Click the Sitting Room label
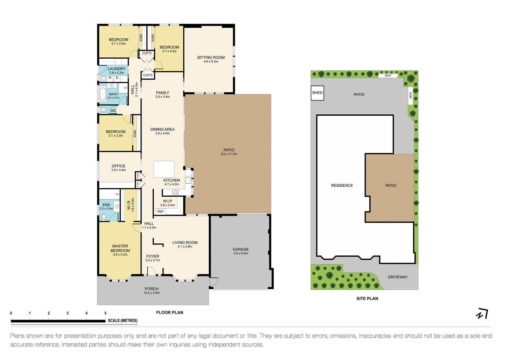coord(211,58)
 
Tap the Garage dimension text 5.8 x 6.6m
coord(241,253)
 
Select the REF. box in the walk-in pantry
coord(161,211)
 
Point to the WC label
coord(113,111)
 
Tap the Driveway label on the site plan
coord(397,277)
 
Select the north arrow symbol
coord(482,314)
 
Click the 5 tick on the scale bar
coord(106,314)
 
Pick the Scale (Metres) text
coord(122,321)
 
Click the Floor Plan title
coord(170,312)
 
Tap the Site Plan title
coord(367,299)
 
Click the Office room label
coord(118,166)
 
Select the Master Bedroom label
coord(120,248)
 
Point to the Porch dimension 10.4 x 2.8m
coord(152,293)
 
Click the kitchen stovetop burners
coord(175,192)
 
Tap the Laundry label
coord(116,69)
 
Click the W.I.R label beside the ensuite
coord(129,205)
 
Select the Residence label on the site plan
coord(342,186)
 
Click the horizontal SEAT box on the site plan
coord(388,76)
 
